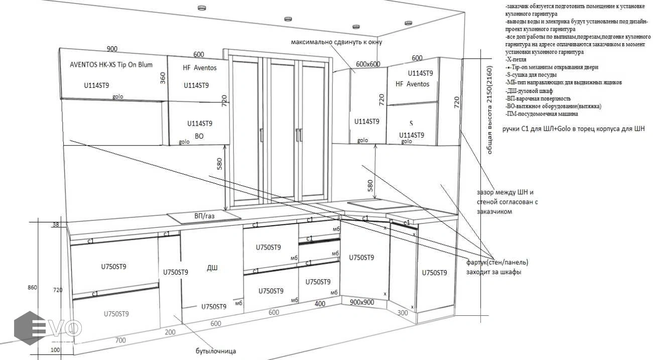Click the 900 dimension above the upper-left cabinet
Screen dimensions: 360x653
[112, 49]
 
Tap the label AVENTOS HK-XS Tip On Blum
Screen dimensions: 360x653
[111, 65]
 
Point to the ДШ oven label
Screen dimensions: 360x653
[212, 268]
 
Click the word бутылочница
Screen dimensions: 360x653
[216, 351]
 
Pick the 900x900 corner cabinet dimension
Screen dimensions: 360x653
[362, 302]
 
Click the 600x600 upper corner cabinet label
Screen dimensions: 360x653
[368, 64]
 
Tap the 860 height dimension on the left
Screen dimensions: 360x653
[33, 287]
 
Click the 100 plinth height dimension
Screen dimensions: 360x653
[55, 349]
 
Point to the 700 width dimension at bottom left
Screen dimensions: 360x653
[120, 340]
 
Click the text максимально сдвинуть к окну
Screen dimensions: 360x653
[336, 42]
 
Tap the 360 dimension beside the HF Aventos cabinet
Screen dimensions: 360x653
[163, 78]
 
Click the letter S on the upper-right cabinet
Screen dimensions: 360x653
[411, 123]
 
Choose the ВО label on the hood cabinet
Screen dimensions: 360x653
[199, 136]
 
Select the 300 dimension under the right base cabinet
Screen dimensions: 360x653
[403, 312]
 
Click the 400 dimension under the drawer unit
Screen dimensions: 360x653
[320, 304]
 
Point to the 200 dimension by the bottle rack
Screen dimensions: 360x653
[170, 332]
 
